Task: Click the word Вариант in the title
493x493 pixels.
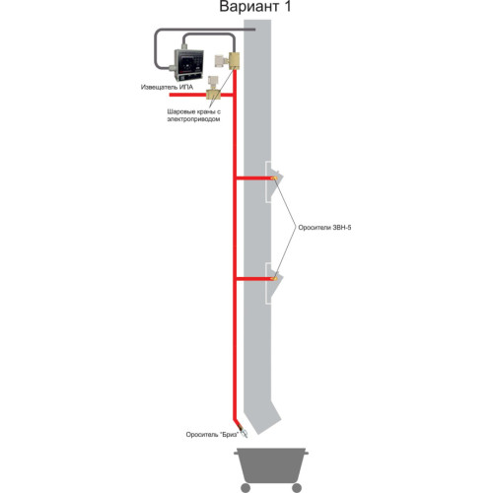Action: (249, 7)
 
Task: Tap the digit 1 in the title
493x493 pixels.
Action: (287, 7)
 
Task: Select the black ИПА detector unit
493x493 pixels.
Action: (188, 65)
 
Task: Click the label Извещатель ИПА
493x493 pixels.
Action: (167, 87)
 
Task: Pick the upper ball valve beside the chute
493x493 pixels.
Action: (228, 61)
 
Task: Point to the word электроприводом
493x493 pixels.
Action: (193, 119)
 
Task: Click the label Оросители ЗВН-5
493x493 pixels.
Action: (324, 228)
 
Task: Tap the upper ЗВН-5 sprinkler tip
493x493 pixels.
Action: (274, 178)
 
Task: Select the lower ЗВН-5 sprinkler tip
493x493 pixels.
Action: (274, 279)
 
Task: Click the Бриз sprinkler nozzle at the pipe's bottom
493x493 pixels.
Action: (243, 432)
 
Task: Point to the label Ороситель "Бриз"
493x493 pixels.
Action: (212, 435)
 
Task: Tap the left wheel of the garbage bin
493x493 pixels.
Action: (246, 488)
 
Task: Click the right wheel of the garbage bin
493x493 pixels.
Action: (297, 488)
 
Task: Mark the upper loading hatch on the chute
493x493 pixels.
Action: (273, 181)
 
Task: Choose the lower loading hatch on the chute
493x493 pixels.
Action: (273, 283)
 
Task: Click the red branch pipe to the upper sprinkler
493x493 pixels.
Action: (253, 178)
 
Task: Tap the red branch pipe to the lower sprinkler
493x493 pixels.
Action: (253, 279)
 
